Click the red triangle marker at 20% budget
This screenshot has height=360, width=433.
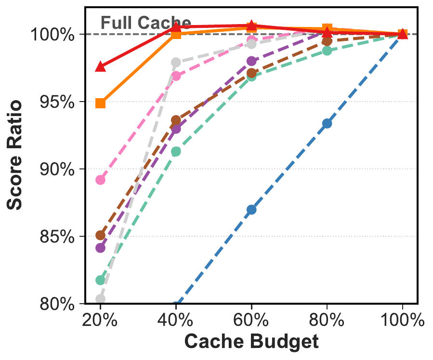click(100, 66)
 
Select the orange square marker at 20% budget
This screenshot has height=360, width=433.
click(100, 103)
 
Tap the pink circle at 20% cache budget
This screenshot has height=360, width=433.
click(100, 180)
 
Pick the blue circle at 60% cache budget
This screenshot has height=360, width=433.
click(251, 209)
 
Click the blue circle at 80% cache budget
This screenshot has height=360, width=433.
click(327, 124)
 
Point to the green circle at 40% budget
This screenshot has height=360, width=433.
click(176, 152)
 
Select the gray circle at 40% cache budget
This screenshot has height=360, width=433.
click(176, 63)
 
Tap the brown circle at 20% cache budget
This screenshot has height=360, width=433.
click(100, 235)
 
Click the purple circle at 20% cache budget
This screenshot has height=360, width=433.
click(100, 248)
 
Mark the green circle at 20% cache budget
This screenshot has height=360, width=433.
click(100, 280)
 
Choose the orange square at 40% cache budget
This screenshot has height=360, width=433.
click(176, 34)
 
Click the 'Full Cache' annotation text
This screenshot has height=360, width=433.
click(145, 23)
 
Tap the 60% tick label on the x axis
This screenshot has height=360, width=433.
click(251, 320)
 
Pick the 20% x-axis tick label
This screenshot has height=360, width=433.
click(100, 320)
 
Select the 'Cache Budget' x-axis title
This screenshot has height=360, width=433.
click(251, 342)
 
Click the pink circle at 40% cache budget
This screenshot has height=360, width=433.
click(176, 76)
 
